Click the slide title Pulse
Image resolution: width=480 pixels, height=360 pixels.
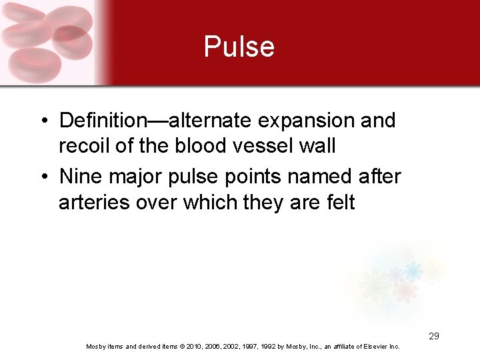239,47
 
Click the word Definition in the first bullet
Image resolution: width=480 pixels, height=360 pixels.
103,121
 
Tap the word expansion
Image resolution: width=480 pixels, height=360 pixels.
311,121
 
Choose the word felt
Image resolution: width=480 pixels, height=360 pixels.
338,201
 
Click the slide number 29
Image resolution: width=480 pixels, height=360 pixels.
433,336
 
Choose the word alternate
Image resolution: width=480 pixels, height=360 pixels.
209,121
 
